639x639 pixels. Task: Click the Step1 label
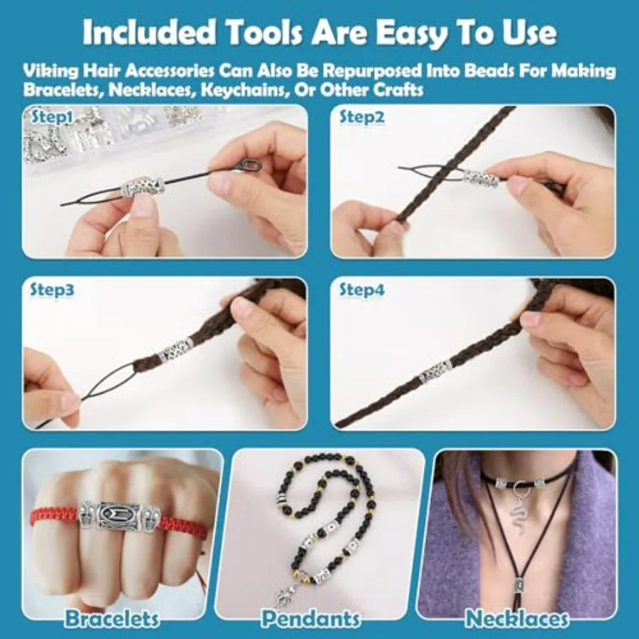pyautogui.click(x=52, y=117)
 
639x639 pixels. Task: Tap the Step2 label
pyautogui.click(x=362, y=117)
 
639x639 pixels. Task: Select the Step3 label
pyautogui.click(x=52, y=290)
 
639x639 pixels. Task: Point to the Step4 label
pyautogui.click(x=362, y=290)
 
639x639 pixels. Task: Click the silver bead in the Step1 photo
pyautogui.click(x=143, y=186)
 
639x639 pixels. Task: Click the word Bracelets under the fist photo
pyautogui.click(x=111, y=618)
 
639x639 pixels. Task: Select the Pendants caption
pyautogui.click(x=310, y=618)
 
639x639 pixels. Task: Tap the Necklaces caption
pyautogui.click(x=517, y=618)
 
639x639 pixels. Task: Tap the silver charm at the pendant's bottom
pyautogui.click(x=284, y=596)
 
